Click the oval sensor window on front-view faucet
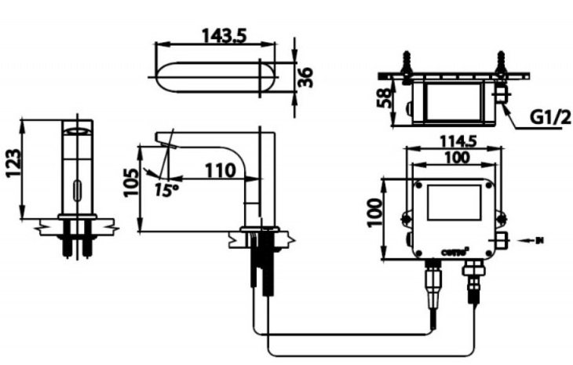tap(77, 188)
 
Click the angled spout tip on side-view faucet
tap(166, 140)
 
